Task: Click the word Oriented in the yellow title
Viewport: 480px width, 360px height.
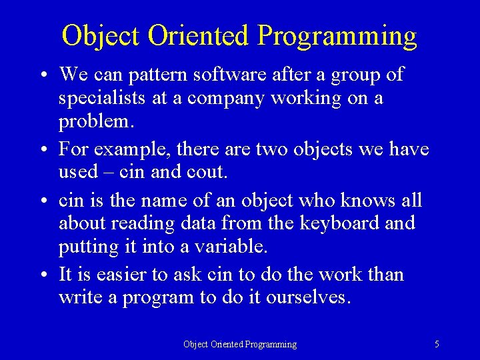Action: [x=198, y=36]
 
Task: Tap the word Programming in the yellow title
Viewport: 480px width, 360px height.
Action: [x=337, y=36]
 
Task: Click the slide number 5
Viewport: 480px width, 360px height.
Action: [x=437, y=344]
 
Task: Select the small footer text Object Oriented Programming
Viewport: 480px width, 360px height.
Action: [x=240, y=344]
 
